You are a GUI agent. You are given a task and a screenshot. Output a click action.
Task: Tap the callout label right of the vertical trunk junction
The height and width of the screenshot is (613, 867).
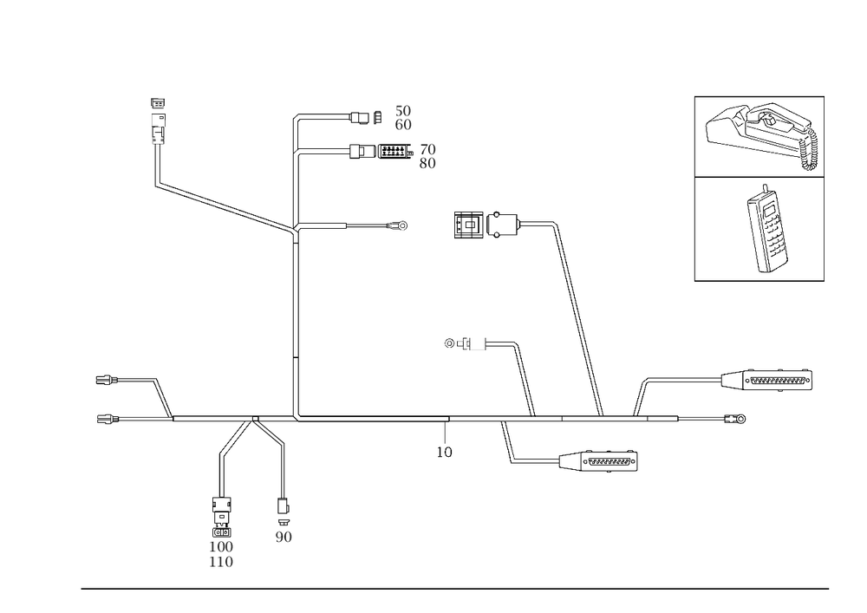[x=399, y=227]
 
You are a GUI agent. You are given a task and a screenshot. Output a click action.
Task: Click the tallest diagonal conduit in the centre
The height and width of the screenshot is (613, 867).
[x=578, y=316]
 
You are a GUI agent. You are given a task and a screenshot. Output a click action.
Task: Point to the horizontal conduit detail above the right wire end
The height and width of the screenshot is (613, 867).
[x=771, y=379]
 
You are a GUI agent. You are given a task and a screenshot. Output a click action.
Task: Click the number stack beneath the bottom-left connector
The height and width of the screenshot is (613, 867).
[x=221, y=553]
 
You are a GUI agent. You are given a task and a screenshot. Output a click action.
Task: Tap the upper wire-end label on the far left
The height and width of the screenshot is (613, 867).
[x=105, y=380]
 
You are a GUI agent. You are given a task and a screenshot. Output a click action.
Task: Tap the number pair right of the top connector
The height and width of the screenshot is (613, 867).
[x=403, y=116]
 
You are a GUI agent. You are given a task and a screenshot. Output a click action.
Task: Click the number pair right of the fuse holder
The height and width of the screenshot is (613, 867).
[x=427, y=155]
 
